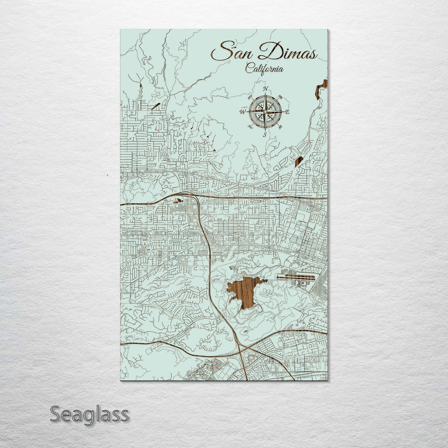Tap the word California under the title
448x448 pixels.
(264, 69)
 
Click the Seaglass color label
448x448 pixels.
(89, 414)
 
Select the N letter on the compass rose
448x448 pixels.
(265, 89)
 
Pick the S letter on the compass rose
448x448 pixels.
(265, 135)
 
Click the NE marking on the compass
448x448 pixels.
(281, 96)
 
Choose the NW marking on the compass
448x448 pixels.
(250, 97)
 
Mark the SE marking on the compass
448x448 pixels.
(280, 127)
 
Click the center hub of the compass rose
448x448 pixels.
(265, 112)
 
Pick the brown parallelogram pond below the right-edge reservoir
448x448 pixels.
(298, 162)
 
